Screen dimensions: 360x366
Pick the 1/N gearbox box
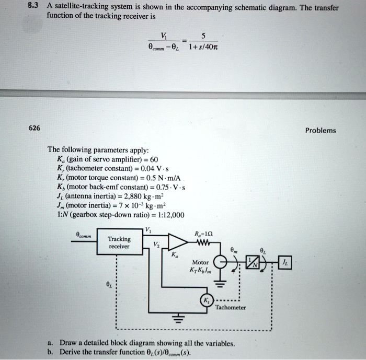pyautogui.click(x=254, y=264)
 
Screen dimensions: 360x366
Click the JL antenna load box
pyautogui.click(x=288, y=263)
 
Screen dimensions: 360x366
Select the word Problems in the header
pyautogui.click(x=321, y=131)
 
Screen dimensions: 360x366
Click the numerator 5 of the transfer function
pyautogui.click(x=203, y=36)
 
